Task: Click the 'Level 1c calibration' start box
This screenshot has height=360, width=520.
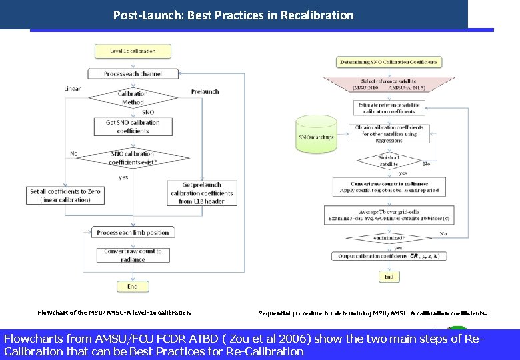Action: click(x=133, y=51)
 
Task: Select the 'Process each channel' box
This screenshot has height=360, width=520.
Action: click(x=133, y=73)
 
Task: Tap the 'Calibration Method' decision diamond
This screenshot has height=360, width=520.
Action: click(x=133, y=97)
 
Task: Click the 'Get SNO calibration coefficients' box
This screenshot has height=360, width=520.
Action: click(x=133, y=127)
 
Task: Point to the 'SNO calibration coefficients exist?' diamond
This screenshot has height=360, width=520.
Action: click(x=133, y=158)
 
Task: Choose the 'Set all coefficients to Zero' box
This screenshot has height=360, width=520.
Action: click(x=65, y=195)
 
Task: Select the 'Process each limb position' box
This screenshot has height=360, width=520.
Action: click(x=133, y=233)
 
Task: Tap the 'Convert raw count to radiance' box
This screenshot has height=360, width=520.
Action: click(x=133, y=255)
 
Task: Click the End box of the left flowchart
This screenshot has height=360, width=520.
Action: click(x=133, y=286)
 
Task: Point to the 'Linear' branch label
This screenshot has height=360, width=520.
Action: click(x=73, y=88)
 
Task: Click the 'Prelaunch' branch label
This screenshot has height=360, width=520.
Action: click(x=205, y=91)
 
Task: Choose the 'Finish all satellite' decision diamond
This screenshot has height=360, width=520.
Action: click(x=389, y=161)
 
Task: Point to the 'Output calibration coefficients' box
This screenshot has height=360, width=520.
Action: click(x=389, y=256)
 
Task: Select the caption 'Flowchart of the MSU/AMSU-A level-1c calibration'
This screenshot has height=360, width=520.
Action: click(x=114, y=311)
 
